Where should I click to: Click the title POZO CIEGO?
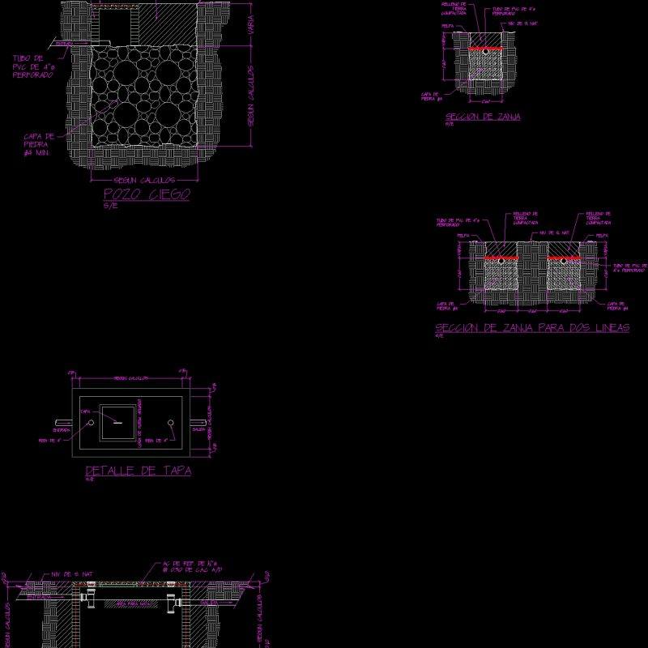(x=147, y=194)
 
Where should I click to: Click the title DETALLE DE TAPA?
(x=139, y=471)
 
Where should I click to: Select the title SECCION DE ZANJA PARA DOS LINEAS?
(x=532, y=328)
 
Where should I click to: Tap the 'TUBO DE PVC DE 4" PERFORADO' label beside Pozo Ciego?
(x=33, y=66)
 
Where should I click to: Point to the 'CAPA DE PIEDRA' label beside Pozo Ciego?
(x=39, y=144)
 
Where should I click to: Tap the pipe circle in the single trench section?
(x=486, y=51)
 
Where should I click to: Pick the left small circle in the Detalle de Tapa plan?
(x=92, y=423)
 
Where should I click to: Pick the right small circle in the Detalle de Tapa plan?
(x=170, y=423)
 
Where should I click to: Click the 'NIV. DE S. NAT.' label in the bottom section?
(x=77, y=574)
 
